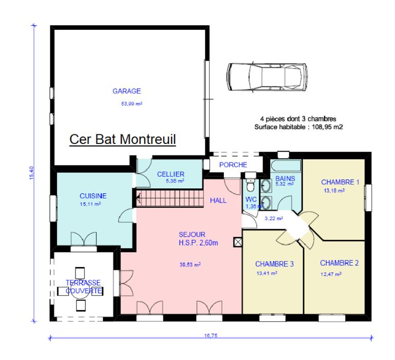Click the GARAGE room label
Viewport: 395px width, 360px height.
point(126,91)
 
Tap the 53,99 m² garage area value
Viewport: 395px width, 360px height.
point(131,103)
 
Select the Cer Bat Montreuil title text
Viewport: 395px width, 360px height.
point(122,139)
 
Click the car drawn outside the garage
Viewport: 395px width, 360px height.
point(267,77)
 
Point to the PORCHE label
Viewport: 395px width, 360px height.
point(233,165)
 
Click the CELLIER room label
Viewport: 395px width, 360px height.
point(171,174)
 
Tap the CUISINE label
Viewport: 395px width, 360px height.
point(93,196)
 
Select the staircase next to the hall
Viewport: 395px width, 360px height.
point(170,199)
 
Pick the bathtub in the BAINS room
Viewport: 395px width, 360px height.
point(286,166)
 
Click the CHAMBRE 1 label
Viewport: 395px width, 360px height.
point(340,182)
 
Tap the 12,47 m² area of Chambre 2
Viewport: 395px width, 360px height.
point(331,274)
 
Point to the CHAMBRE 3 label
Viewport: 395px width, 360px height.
point(274,264)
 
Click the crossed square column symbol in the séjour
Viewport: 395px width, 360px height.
point(238,242)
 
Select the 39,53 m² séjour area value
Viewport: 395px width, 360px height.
point(190,265)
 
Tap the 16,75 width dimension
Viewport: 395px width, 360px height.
point(211,335)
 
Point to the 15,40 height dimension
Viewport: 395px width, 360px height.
point(31,173)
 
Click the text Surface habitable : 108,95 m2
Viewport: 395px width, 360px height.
point(298,127)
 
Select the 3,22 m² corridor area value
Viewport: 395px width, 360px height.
point(274,219)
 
